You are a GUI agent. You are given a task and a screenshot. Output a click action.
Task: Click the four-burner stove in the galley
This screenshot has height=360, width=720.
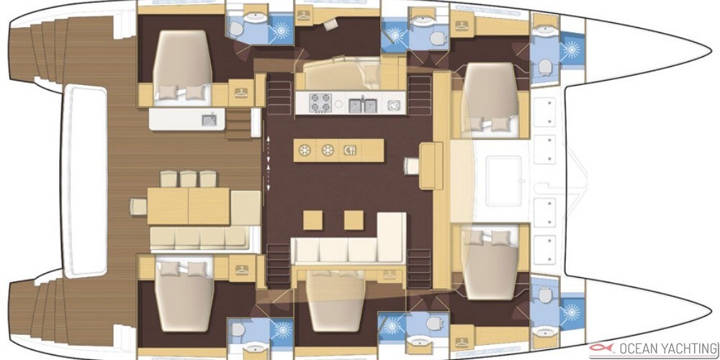coord(320,103)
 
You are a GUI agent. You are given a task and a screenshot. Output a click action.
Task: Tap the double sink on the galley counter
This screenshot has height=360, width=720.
coord(363,106)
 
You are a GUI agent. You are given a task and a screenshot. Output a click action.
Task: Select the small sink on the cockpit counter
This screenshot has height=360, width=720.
coord(209,120)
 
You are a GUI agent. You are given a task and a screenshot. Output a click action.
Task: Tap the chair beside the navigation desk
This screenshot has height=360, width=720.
coord(412,166)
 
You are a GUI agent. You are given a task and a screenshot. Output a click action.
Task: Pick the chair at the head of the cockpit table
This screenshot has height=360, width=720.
coord(138,206)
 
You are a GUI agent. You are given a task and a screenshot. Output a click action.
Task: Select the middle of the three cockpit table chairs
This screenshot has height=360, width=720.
coord(188,179)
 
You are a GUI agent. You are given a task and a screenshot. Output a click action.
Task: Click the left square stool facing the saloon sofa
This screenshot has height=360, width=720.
coord(312,220)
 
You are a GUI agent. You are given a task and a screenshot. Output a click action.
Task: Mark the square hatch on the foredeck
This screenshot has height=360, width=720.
coord(504,180)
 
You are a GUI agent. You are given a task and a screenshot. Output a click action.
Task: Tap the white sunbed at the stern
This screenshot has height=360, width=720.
coord(85,181)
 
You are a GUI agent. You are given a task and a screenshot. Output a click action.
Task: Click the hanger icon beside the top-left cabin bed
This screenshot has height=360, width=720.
coord(241,92)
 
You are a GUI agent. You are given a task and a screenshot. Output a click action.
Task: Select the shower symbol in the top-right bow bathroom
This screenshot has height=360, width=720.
coord(572,49)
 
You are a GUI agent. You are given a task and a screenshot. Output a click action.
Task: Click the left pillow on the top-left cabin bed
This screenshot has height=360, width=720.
coord(168,93)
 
